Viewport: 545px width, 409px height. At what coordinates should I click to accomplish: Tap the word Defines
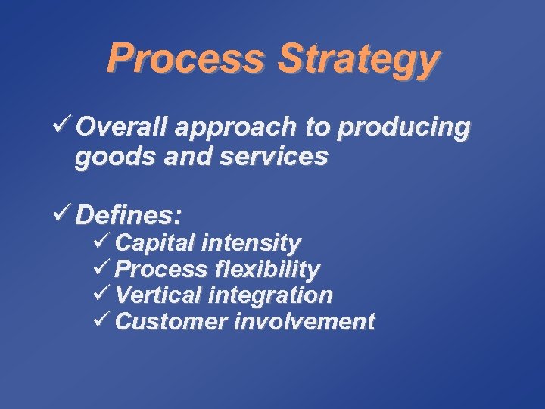point(129,216)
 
